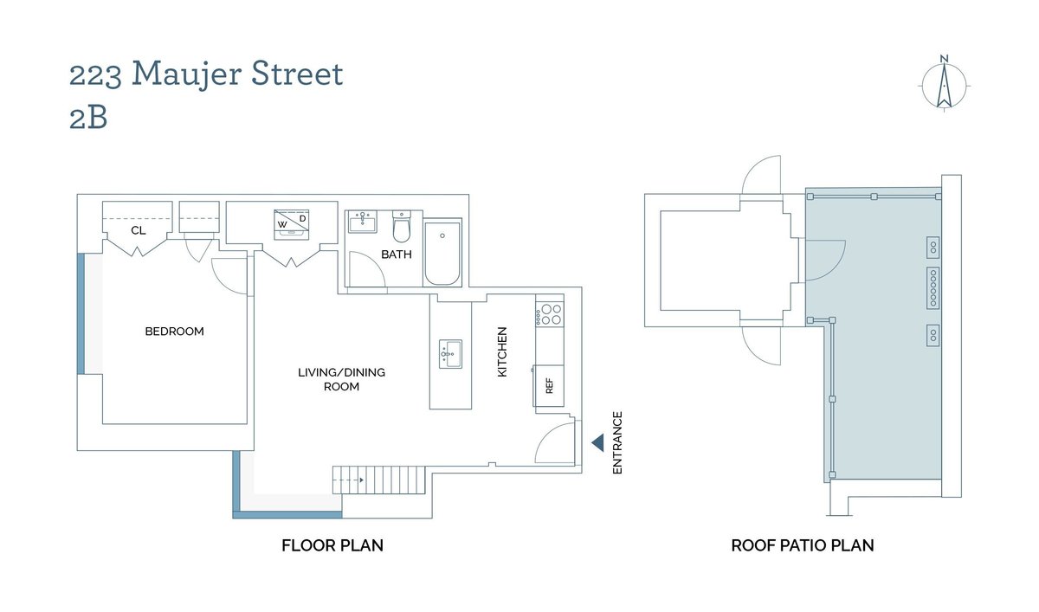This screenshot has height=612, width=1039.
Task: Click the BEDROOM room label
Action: (x=174, y=332)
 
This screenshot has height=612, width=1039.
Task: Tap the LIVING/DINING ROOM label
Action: (x=341, y=379)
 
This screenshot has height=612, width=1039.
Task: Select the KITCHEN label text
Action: (x=502, y=351)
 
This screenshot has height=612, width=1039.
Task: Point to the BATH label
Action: (x=397, y=254)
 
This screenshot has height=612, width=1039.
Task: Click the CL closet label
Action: (x=138, y=231)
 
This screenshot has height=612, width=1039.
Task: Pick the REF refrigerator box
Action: (x=548, y=386)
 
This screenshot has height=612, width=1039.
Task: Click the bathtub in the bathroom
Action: (x=442, y=253)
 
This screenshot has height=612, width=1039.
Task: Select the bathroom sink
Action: (x=364, y=223)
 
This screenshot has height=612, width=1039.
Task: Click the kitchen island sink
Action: (x=449, y=353)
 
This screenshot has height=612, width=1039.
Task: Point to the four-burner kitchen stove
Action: (x=549, y=314)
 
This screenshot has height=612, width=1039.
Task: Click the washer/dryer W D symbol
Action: (x=293, y=222)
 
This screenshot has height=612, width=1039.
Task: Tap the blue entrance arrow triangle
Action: (x=597, y=443)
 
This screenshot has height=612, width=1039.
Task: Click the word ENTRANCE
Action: (x=618, y=442)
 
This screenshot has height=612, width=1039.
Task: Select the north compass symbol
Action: (x=944, y=83)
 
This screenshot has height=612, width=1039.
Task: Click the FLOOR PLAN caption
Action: (x=332, y=545)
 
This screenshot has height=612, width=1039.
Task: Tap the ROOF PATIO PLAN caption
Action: (x=802, y=545)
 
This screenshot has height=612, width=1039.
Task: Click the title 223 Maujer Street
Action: (x=206, y=74)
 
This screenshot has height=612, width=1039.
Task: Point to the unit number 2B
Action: (x=88, y=118)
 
